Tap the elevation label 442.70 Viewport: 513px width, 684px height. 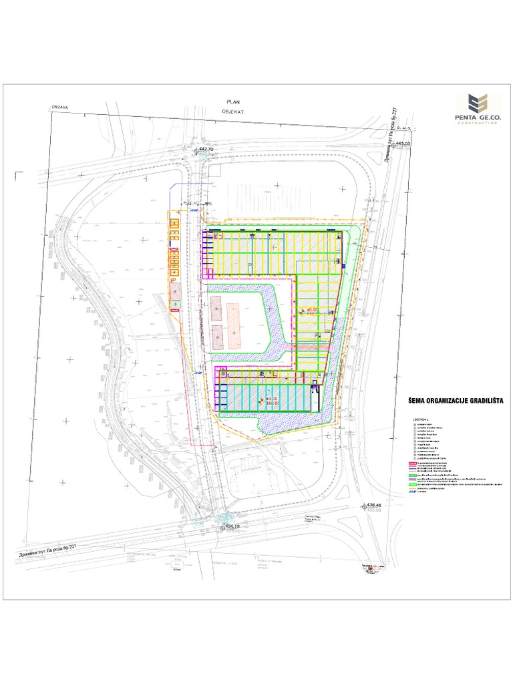pyautogui.click(x=206, y=149)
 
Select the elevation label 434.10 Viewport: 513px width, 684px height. pyautogui.click(x=232, y=526)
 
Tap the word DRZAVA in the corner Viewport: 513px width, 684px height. pyautogui.click(x=61, y=106)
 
